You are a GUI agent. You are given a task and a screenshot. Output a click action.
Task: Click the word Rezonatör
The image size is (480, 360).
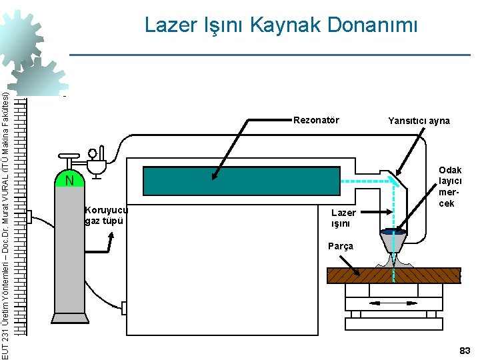(316, 121)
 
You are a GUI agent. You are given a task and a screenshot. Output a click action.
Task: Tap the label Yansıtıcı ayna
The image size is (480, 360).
(419, 121)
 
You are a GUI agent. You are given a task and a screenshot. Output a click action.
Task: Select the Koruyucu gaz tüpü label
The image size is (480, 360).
(106, 215)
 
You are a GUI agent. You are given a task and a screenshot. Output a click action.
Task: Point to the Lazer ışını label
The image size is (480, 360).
(344, 218)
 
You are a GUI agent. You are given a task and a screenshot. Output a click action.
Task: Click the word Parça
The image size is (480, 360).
(341, 246)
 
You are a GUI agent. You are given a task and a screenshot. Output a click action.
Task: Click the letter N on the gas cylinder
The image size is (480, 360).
(69, 181)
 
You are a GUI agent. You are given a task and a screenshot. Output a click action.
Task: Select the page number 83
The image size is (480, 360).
(464, 351)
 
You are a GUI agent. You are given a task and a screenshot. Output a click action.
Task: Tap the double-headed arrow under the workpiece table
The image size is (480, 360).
(393, 303)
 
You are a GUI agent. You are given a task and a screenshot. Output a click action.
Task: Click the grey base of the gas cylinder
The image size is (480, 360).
(69, 323)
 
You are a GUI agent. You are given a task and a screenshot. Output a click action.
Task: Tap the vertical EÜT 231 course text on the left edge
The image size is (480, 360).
(6, 220)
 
